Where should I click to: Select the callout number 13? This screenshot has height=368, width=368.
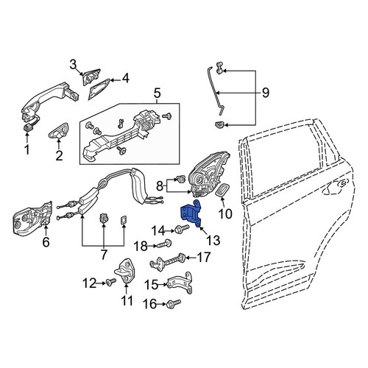(x=213, y=240)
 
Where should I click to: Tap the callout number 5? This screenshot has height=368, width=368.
(x=157, y=93)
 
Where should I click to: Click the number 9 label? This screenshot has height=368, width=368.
(x=266, y=93)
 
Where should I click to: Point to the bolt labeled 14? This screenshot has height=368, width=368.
(x=182, y=230)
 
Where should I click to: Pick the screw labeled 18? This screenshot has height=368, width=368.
(x=165, y=244)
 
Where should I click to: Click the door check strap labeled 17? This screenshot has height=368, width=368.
(x=168, y=261)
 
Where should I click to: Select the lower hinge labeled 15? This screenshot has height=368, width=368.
(x=180, y=282)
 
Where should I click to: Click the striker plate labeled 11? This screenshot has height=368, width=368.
(x=127, y=272)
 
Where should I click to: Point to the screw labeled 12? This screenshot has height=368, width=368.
(x=111, y=282)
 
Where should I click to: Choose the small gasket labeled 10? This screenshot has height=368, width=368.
(x=222, y=190)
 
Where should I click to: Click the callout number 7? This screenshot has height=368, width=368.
(x=104, y=255)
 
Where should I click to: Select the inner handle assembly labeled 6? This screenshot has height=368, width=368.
(x=32, y=219)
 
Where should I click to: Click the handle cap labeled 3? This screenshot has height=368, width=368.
(x=91, y=76)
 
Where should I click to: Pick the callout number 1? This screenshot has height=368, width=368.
(x=27, y=149)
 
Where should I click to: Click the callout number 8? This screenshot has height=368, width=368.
(x=160, y=186)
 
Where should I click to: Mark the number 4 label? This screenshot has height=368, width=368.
(x=125, y=78)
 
